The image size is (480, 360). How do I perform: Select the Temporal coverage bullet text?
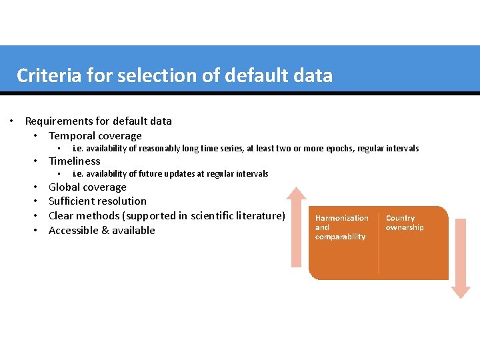click(95, 136)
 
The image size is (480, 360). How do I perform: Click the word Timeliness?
click(75, 161)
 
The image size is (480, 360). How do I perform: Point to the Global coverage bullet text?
click(87, 187)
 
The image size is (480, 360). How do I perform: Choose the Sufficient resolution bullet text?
click(97, 201)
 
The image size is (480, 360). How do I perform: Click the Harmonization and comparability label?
click(341, 227)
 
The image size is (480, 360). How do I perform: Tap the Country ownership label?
click(405, 223)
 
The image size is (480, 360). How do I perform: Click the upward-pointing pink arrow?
click(296, 227)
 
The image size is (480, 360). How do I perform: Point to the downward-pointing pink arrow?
click(460, 260)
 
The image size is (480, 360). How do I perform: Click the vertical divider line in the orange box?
click(379, 243)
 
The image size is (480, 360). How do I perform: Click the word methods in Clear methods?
click(97, 216)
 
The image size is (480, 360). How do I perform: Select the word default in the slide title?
click(249, 76)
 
